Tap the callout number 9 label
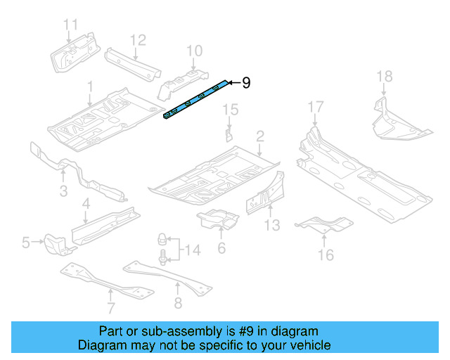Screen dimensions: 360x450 pos(245,83)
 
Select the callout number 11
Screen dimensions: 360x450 pos(71,26)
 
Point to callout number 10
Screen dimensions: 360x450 pos(194,51)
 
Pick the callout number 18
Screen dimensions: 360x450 pos(383,77)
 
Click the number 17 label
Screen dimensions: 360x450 pos(316,107)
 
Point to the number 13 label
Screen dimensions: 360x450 pos(271,225)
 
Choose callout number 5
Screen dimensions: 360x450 pos(26,243)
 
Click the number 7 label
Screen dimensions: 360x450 pos(110,308)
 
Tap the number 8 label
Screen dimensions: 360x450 pos(176,304)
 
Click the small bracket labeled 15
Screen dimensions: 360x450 pos(229,134)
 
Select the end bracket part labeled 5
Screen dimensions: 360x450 pos(54,245)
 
